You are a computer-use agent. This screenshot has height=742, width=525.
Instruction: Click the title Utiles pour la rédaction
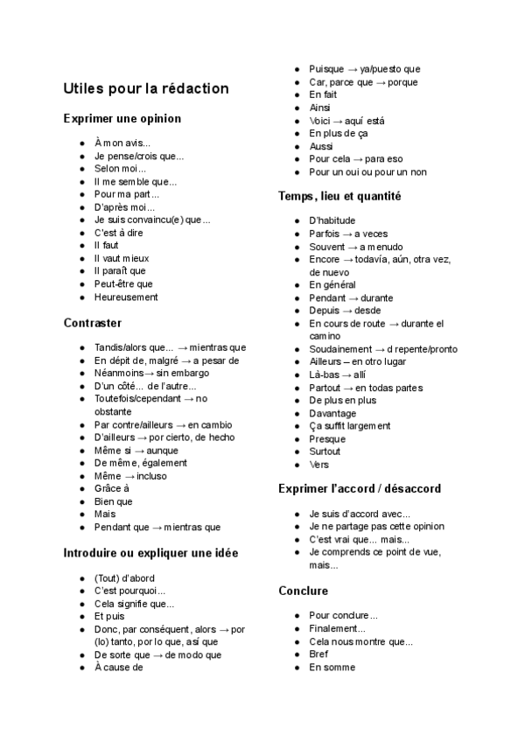146,88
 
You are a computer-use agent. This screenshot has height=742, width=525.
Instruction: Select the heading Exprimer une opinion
122,118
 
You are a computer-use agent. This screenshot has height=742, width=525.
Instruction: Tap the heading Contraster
93,323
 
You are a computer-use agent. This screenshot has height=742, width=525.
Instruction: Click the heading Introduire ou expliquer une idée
151,553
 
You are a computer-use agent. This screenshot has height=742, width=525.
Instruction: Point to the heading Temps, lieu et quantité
339,196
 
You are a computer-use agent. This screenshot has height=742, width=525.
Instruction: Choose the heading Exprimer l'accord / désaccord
360,488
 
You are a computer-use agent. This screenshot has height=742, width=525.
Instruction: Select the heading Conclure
303,591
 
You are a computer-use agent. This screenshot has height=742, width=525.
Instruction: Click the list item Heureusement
126,297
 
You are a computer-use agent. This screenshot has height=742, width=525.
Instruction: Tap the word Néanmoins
119,373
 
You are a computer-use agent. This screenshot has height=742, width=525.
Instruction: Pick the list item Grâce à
111,488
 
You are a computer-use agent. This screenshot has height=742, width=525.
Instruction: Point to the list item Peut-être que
123,283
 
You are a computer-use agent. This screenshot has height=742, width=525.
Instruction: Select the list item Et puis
110,616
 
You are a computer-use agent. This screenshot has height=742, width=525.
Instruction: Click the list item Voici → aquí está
346,121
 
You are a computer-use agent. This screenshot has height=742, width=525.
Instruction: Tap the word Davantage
332,413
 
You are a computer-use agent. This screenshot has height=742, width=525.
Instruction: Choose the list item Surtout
325,451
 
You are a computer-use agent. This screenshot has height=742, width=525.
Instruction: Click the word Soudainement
340,349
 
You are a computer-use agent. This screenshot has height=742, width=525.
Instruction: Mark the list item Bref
318,654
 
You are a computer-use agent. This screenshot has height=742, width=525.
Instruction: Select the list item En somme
332,668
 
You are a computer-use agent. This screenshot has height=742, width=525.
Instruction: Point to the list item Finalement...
337,628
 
